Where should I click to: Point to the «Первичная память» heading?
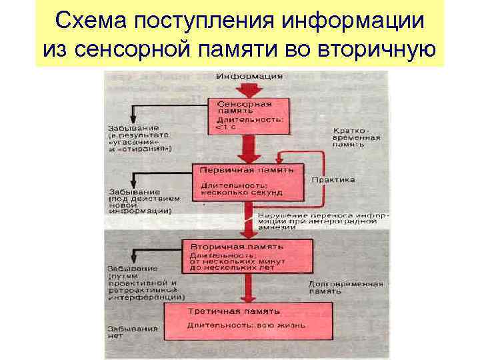pos(247,169)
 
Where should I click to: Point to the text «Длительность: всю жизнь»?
pos(246,325)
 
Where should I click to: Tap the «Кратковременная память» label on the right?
pos(357,136)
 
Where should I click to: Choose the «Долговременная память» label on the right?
pos(345,287)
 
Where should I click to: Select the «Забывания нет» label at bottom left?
pos(131,332)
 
